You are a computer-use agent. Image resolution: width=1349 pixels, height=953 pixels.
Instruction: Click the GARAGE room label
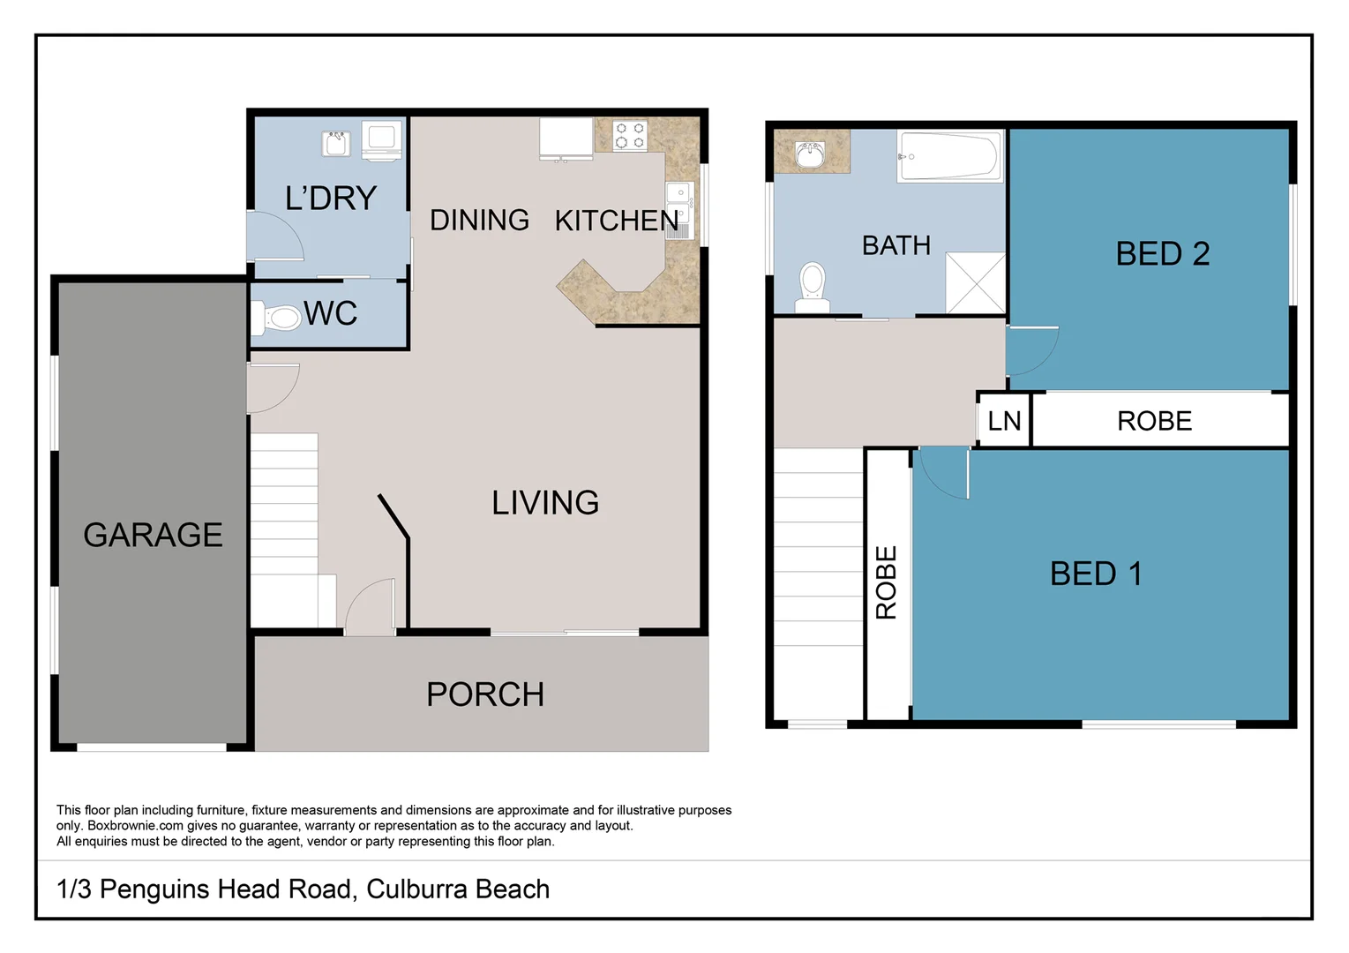pos(153,535)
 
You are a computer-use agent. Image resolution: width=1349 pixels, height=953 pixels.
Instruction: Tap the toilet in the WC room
pos(276,318)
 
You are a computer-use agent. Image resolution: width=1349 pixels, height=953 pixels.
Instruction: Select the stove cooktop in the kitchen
pos(631,136)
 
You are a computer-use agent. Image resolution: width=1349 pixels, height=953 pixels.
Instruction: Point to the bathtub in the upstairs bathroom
pos(949,156)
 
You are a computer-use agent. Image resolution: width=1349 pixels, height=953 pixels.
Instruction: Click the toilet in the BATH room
pos(813,288)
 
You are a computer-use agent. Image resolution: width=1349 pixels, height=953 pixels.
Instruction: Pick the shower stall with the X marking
pos(976,283)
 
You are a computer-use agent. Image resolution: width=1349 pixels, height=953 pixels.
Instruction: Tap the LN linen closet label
pos(1004,421)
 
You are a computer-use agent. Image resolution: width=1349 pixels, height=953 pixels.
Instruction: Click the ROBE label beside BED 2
pos(1155,421)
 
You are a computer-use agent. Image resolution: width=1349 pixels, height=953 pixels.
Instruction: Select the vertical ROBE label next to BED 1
pos(887,582)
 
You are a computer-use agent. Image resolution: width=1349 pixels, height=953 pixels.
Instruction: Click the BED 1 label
pos(1097,574)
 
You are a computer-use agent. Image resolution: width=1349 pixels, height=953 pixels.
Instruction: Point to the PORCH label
pos(485,694)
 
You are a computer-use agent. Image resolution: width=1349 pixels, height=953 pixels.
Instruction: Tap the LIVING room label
pos(545,502)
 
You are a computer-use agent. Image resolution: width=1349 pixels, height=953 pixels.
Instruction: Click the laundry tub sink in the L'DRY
pos(336,143)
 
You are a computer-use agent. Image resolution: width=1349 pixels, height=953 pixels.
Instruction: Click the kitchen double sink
pos(680,210)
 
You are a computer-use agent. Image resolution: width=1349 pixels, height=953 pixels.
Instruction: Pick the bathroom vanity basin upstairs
pos(811,154)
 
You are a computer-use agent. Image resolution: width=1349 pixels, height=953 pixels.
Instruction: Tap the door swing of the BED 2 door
pos(1032,352)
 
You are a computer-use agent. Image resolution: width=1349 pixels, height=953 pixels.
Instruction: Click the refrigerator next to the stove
pos(566,139)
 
